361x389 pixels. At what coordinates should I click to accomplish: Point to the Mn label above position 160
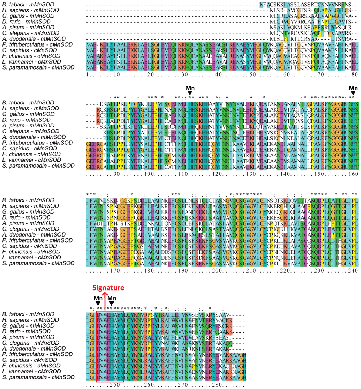(x=353, y=88)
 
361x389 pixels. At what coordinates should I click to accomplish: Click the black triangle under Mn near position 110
(x=190, y=93)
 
